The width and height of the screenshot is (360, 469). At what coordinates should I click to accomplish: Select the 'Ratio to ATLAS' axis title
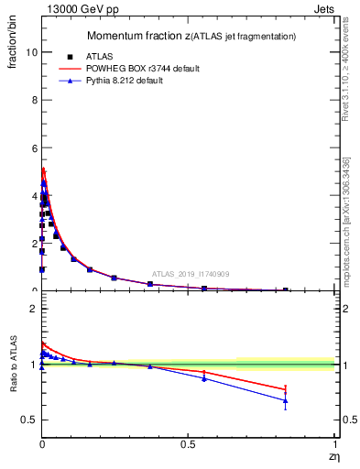click(12, 365)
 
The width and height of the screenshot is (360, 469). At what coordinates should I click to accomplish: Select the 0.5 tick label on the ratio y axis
click(28, 420)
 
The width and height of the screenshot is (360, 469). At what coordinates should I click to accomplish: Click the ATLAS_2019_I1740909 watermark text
click(191, 274)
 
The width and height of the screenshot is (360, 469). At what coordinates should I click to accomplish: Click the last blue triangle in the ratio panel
click(286, 400)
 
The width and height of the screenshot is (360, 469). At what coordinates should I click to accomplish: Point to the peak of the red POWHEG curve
click(42, 169)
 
